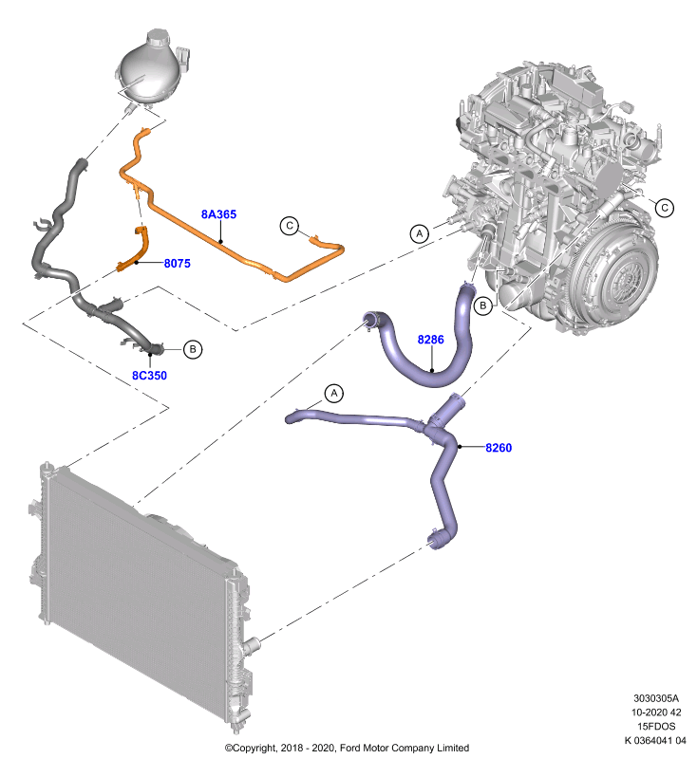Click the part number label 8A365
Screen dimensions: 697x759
(x=218, y=214)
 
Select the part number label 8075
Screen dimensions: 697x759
(x=178, y=264)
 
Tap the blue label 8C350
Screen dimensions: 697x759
(x=149, y=375)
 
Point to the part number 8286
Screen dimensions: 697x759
(x=430, y=340)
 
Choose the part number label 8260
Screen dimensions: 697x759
(x=499, y=448)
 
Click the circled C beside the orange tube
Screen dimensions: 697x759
(x=290, y=226)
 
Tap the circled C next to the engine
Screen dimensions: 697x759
(x=665, y=208)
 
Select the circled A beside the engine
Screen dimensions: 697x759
(x=420, y=233)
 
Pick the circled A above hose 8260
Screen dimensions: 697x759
(x=333, y=394)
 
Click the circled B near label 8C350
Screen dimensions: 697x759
(x=193, y=349)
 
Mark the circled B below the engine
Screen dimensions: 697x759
(x=483, y=305)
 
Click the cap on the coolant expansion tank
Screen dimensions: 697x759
(x=158, y=37)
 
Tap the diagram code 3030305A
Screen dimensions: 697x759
(x=656, y=698)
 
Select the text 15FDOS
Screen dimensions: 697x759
(x=656, y=726)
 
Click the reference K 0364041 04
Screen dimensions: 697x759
(x=655, y=740)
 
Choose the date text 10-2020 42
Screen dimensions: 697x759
(x=656, y=713)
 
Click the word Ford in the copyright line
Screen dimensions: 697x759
(x=351, y=748)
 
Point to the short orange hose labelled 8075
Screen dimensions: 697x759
(x=134, y=250)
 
